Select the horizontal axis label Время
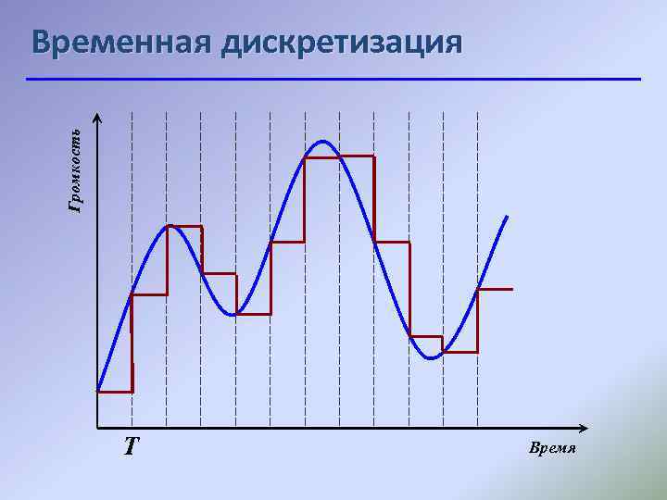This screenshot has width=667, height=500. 552,448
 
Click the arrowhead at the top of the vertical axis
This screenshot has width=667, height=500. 98,118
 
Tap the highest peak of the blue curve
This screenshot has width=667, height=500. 322,142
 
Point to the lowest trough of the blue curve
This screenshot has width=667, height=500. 430,357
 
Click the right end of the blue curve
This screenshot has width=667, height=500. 507,217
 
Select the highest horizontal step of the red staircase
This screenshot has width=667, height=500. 339,157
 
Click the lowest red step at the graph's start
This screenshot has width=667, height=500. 115,392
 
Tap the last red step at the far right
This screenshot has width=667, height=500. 495,291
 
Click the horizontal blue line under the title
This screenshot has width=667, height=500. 333,80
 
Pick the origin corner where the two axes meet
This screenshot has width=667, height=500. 98,429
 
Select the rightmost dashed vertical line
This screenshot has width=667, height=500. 478,185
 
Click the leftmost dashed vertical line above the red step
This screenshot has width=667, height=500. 132,185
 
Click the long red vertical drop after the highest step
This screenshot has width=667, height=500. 374,199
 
